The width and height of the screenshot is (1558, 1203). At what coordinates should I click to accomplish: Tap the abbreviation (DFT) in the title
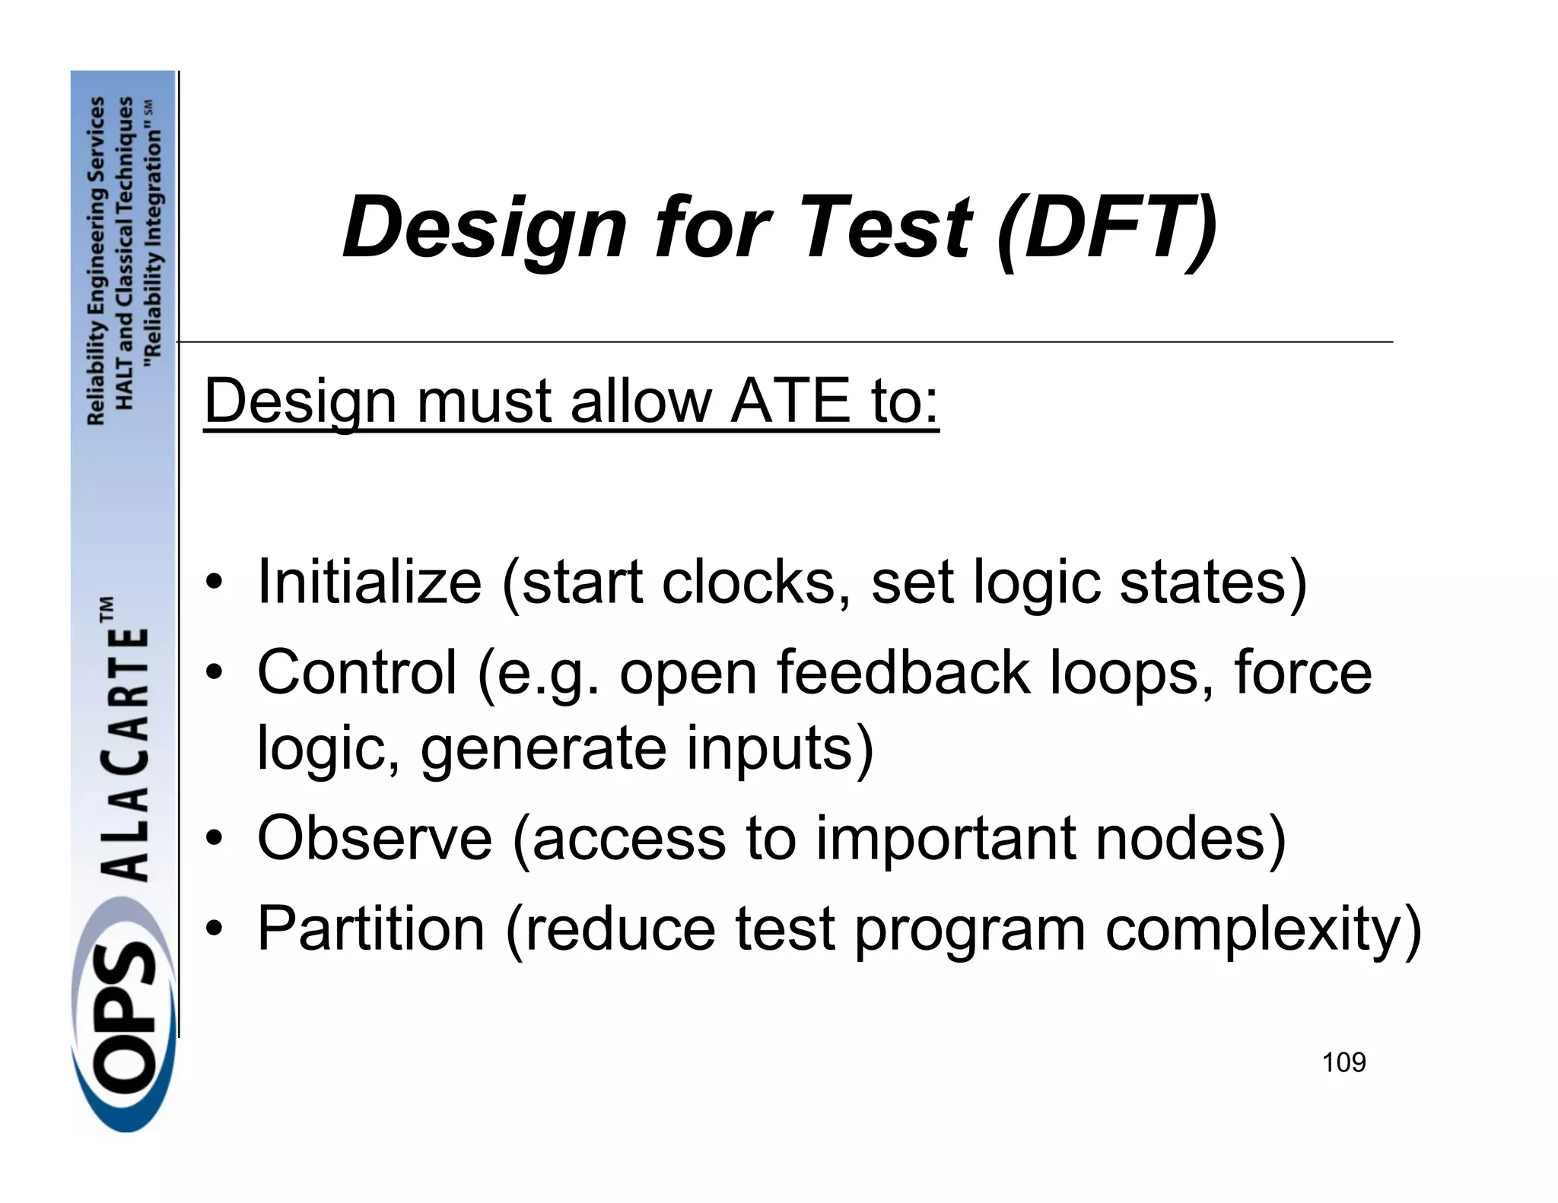click(x=1108, y=227)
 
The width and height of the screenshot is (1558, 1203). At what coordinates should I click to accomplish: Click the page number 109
click(x=1343, y=1062)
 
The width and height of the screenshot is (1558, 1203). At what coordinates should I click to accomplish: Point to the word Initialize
click(x=370, y=582)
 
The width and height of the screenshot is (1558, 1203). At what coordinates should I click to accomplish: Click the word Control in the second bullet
click(x=357, y=672)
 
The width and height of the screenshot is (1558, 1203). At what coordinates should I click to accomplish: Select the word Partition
click(x=370, y=928)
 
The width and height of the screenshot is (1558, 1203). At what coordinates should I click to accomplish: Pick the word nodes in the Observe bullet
click(x=1191, y=838)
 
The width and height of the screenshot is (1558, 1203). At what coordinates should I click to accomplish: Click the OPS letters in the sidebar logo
click(x=122, y=1019)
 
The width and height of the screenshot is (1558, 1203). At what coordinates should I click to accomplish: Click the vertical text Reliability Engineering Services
click(x=96, y=260)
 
